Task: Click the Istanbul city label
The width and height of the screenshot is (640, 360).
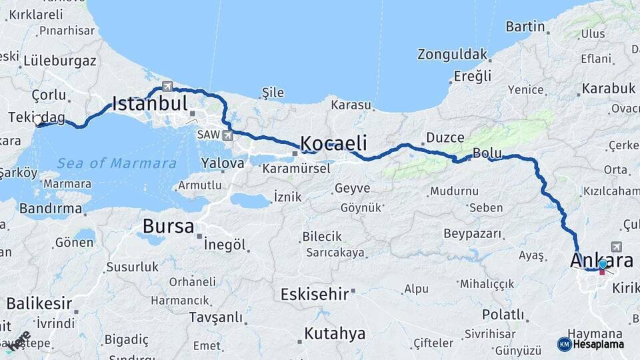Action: coord(149,103)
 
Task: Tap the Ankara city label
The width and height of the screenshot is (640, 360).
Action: coord(601,260)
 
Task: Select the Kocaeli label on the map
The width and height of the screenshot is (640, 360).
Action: coord(333,143)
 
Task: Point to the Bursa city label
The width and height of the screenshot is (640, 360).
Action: coord(168,227)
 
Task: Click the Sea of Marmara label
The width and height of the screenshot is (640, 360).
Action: coord(117,163)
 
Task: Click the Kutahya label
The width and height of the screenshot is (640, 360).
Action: coord(335,333)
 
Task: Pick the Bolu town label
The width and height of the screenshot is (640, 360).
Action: coord(487,153)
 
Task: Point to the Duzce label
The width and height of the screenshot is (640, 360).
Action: coord(445,137)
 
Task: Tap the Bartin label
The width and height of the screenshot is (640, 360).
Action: coord(525,27)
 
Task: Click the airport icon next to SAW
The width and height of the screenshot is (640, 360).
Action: coord(228,135)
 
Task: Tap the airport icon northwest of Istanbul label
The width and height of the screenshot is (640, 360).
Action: coord(167,86)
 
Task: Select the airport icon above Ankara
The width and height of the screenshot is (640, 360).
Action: coord(615,247)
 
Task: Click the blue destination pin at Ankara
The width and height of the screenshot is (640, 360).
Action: coord(603,265)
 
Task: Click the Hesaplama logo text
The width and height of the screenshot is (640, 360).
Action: coord(598,344)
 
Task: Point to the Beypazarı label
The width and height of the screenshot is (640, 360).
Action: coord(472,234)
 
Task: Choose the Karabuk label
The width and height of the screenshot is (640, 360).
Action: coord(608,89)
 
